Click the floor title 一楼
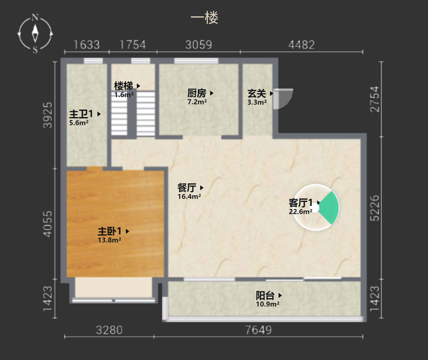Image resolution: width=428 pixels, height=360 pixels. coord(204,18)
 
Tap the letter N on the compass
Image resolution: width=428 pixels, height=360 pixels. coord(35,17)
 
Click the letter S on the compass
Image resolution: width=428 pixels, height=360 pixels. coord(35,50)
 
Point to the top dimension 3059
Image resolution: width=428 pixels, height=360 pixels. coord(198,44)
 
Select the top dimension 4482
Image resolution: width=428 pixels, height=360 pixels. coord(302,44)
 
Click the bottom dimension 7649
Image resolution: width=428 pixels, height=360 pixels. coord(259,330)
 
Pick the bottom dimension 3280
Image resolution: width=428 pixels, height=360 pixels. coord(109,330)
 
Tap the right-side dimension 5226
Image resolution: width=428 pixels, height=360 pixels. coord(375,208)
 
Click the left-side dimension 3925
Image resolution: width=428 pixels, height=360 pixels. coord(47,115)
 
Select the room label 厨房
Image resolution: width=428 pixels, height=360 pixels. coord(196,93)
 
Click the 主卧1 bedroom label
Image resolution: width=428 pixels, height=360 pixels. coord(110,231)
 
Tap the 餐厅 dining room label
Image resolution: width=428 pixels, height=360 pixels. coord(187,188)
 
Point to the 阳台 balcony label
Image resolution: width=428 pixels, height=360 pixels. coord(265,295)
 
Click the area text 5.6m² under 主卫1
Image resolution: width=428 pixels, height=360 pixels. coord(79,123)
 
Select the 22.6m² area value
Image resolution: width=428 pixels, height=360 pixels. coord(300,212)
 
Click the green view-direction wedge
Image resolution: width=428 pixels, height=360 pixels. coord(329,208)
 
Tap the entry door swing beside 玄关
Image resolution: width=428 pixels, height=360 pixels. coord(283,99)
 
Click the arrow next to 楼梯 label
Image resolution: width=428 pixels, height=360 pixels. coord(139,86)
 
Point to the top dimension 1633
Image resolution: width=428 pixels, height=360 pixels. coord(87,44)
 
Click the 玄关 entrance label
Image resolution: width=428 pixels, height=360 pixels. coord(257,93)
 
